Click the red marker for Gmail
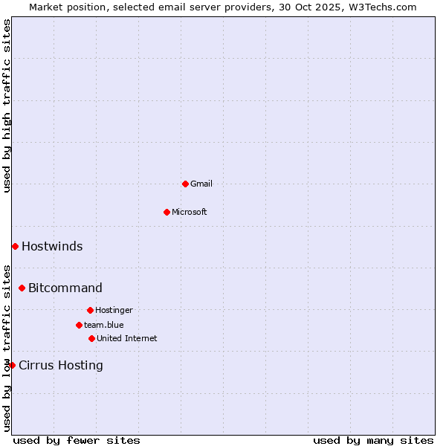pos(185,184)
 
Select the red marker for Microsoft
pos(167,212)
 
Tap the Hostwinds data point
pos(15,246)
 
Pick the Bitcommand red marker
pos(22,288)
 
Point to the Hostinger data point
pos(90,310)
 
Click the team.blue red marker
pos(79,325)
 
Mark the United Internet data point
pos(91,338)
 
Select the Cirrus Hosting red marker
pos(12,365)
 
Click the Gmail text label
pos(201,184)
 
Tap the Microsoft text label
pos(190,212)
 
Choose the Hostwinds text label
pos(52,246)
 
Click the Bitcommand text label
pos(65,288)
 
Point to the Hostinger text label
pos(114,310)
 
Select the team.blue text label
pos(104,325)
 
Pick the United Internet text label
pos(127,338)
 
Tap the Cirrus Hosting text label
pos(61,365)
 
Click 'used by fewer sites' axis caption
pos(77,441)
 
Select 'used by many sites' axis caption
pos(373,441)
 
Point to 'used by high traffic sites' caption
pos(7,106)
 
